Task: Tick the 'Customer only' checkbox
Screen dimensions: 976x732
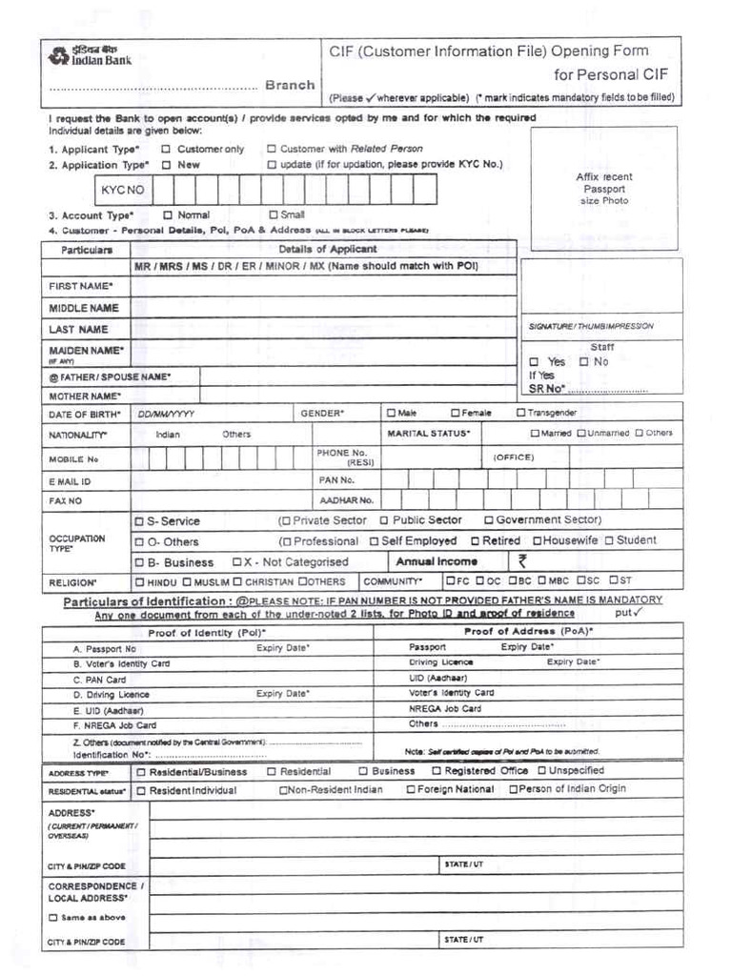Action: point(166,149)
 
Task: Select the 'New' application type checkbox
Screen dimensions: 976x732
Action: point(166,164)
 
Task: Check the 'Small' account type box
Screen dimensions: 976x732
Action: point(274,214)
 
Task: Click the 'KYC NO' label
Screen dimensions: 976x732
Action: point(122,190)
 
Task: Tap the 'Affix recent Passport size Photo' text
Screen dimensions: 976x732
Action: point(603,189)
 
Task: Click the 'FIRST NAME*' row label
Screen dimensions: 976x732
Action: point(81,286)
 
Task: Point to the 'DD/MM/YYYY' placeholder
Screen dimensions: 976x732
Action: point(166,415)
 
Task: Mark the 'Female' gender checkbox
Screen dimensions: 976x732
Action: point(455,413)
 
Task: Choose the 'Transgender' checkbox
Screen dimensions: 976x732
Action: point(520,413)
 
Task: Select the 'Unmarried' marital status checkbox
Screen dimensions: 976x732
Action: point(581,433)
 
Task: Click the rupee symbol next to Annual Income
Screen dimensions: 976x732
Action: point(521,561)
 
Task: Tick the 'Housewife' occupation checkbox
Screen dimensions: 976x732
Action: point(538,540)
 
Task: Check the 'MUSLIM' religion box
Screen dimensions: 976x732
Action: point(188,581)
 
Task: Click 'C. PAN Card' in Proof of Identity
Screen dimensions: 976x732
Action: point(100,680)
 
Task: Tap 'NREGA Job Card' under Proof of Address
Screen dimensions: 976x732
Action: point(445,708)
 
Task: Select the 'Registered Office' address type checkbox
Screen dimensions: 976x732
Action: point(437,770)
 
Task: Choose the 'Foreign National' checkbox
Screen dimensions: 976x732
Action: point(411,789)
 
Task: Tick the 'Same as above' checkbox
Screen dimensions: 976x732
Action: point(53,918)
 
